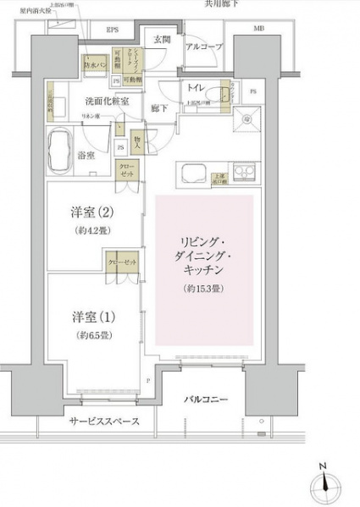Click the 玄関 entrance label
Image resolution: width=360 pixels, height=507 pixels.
(x=163, y=39)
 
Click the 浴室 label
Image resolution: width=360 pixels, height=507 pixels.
(x=86, y=156)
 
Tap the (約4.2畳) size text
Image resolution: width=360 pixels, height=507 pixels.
(x=90, y=230)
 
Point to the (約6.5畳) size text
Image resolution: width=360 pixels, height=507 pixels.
(x=90, y=333)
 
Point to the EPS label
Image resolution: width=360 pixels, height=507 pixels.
(x=112, y=30)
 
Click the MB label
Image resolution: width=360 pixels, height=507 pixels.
(x=258, y=30)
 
